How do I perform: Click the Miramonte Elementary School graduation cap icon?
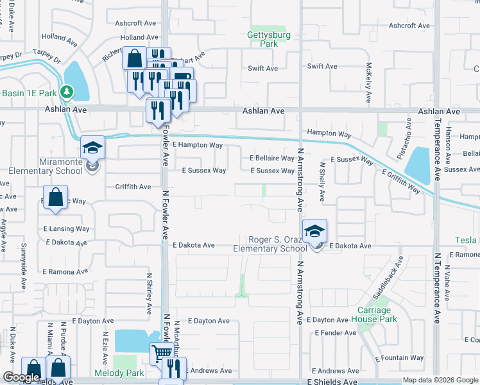pos(92,148)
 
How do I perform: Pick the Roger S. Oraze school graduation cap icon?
pos(314,231)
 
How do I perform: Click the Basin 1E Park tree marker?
pos(67,92)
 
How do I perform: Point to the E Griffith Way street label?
pos(401,181)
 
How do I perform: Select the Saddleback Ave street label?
pos(389,275)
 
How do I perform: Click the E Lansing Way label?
pos(66,228)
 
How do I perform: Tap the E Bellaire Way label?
pos(271,158)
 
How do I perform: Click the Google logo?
pos(21,377)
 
